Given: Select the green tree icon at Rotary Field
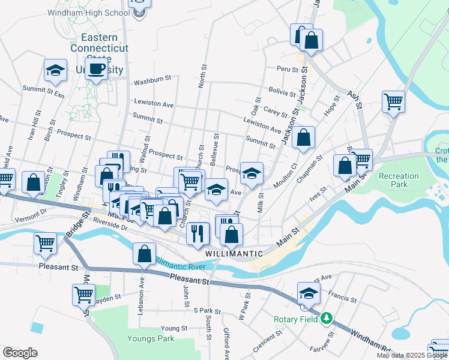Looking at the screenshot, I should pos(327,317).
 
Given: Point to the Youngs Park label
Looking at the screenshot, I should pos(151,338).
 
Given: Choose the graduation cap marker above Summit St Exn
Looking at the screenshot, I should pos(55,70).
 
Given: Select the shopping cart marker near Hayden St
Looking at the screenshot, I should pos(83,295).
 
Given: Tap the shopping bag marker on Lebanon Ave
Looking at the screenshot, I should pos(145,253).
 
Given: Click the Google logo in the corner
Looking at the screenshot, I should pos(20,353).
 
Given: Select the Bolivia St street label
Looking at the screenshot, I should pos(282,92).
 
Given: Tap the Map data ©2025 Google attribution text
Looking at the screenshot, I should pos(412,355).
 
